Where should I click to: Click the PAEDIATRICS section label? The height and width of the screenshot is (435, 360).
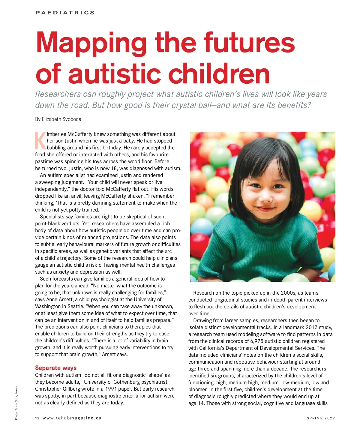[65, 13]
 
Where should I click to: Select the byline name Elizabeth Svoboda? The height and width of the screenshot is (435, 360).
[61, 119]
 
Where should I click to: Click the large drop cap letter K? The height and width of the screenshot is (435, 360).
[40, 141]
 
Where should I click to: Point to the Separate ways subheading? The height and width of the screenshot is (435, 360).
[56, 368]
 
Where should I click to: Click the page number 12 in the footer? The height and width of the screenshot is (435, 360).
[37, 418]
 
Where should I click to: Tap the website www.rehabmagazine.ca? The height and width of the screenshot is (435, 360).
[72, 418]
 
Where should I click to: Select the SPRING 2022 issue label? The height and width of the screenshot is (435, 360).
[321, 418]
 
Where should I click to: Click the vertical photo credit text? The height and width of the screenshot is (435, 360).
[16, 403]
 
